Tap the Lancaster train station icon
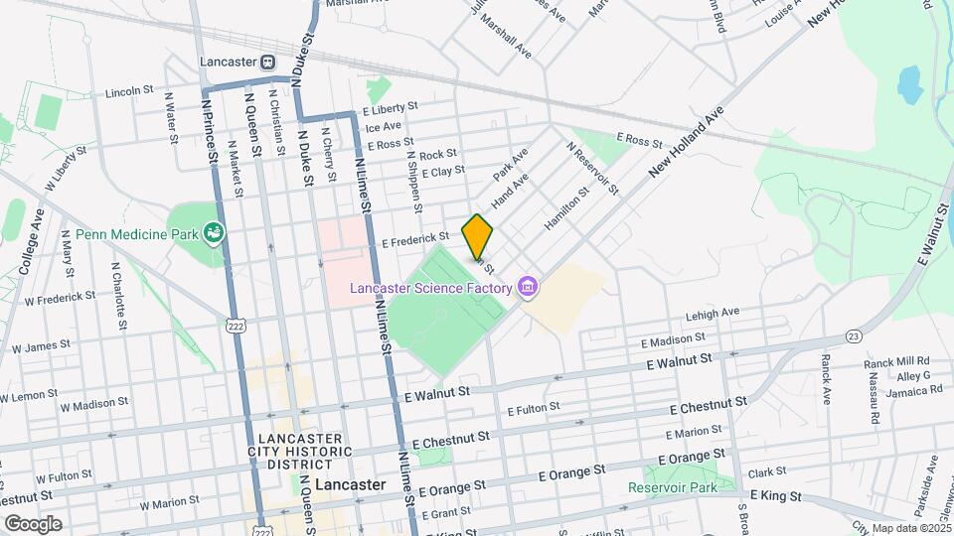tap(268, 61)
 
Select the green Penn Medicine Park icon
tap(212, 234)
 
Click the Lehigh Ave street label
tap(713, 313)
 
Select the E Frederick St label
tap(415, 238)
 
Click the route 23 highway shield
tap(853, 337)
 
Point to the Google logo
tap(33, 523)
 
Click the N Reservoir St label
tap(592, 167)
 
